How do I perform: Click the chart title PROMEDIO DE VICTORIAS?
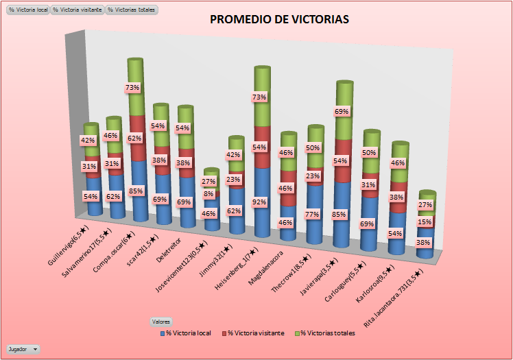[279, 20]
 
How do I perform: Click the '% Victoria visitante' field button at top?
[78, 10]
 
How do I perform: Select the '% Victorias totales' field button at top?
[132, 10]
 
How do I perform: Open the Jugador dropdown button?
[23, 349]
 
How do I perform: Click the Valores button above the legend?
[161, 321]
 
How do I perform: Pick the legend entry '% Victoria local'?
[186, 333]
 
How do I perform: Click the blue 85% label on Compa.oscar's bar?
[136, 191]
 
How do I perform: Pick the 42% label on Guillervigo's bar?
[88, 141]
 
